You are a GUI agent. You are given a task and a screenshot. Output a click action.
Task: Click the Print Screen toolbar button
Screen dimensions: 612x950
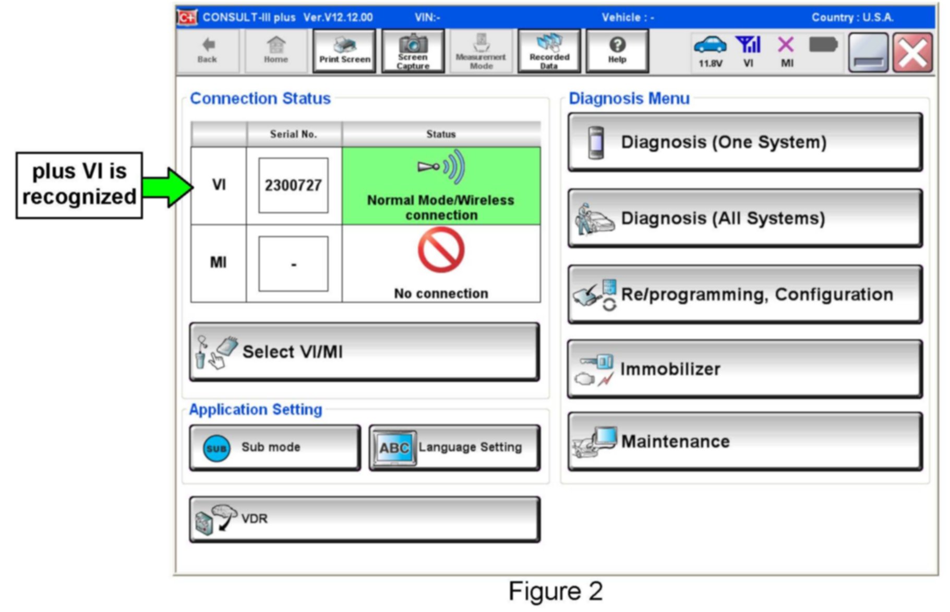(x=344, y=51)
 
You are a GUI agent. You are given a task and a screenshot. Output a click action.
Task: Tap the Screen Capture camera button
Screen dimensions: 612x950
(x=413, y=51)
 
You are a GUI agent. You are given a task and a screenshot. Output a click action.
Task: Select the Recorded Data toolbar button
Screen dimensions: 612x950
(x=549, y=51)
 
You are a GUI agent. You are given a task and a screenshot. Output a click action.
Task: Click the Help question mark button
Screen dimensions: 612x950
(x=617, y=51)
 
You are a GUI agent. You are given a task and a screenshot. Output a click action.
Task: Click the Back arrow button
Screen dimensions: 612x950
(x=207, y=51)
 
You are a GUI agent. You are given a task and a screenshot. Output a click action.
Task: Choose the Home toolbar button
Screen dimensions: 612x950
(x=275, y=51)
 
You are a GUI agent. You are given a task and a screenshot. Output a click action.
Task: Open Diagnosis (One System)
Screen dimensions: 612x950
(x=745, y=142)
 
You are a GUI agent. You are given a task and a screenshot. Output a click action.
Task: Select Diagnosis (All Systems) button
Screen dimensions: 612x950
(x=745, y=218)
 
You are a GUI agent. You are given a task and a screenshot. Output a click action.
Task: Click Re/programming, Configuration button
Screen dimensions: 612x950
(x=745, y=294)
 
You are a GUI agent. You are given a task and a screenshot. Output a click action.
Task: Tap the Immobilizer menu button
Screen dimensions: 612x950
(x=745, y=369)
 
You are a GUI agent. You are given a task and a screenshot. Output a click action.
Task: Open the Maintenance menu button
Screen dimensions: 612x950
(x=745, y=441)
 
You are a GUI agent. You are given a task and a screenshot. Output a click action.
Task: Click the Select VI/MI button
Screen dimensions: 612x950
(x=364, y=352)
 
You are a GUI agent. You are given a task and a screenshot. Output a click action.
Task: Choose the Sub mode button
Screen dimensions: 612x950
(x=275, y=448)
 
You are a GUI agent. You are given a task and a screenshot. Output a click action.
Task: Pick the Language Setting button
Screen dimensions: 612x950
(x=454, y=448)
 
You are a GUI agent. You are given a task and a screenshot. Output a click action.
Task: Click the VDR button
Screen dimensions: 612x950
(x=364, y=519)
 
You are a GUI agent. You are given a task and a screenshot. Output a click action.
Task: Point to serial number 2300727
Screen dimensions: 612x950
(x=293, y=185)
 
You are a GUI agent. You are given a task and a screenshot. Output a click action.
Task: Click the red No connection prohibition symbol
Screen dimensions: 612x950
(x=441, y=251)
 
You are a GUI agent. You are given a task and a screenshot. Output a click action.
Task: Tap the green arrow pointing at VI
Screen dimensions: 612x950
(x=167, y=187)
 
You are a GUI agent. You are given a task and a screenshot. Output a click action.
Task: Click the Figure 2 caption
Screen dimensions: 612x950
(x=556, y=592)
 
